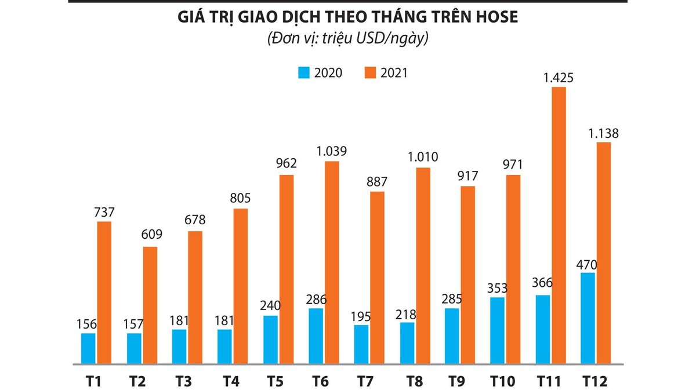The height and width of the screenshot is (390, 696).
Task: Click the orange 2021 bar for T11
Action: click(x=559, y=225)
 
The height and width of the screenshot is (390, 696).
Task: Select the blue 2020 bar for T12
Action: click(x=588, y=318)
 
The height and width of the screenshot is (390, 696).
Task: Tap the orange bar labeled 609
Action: click(x=150, y=305)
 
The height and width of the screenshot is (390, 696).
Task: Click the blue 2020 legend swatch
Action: click(x=303, y=72)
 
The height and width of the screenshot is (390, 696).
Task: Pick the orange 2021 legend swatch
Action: click(x=370, y=72)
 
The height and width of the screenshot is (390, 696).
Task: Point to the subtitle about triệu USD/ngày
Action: click(x=347, y=39)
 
